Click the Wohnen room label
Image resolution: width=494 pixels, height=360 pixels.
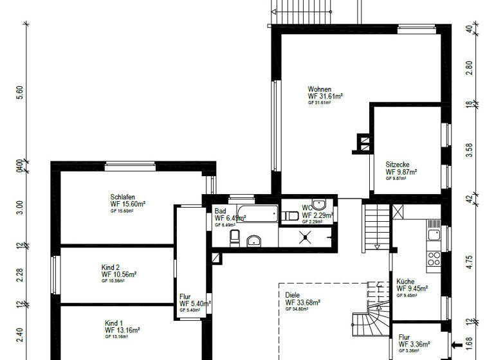click(x=320, y=89)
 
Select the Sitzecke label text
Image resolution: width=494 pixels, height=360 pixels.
click(x=398, y=165)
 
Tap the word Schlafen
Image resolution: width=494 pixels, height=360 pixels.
click(x=122, y=197)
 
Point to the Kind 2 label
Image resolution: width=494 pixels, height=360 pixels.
click(x=111, y=267)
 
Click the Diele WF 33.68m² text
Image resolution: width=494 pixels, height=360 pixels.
click(x=302, y=301)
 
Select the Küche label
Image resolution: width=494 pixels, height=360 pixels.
click(x=405, y=282)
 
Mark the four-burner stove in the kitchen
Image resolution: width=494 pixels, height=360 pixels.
click(x=434, y=258)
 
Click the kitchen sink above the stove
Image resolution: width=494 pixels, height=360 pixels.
click(x=434, y=231)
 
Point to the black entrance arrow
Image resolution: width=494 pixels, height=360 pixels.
click(x=458, y=345)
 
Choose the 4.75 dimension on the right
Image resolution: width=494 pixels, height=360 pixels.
click(x=469, y=262)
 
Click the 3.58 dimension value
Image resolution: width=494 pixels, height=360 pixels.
click(x=469, y=149)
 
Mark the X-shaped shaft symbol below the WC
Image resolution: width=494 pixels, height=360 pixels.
click(x=305, y=237)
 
